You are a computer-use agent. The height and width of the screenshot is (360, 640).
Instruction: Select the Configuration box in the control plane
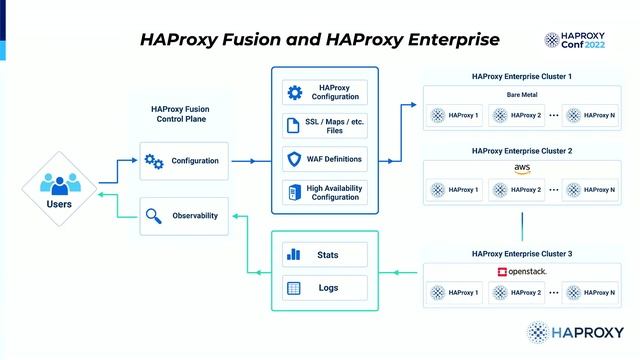tap(186, 160)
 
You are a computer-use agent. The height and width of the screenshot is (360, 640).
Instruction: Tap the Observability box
tap(186, 215)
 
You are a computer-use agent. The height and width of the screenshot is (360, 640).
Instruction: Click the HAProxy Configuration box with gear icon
tap(325, 92)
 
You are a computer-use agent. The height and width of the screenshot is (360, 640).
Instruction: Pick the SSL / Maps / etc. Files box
tap(325, 126)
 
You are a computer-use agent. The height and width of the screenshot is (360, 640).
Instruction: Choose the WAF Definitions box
tap(325, 159)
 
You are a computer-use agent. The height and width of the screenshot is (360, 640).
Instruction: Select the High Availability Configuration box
tap(325, 192)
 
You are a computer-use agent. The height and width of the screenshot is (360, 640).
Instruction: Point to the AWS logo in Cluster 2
tap(521, 168)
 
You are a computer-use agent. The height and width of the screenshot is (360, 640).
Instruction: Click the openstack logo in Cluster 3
tap(521, 272)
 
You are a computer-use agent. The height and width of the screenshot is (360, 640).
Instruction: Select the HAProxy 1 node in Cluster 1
tap(455, 115)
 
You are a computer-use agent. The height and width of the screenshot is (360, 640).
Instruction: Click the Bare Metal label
tap(521, 95)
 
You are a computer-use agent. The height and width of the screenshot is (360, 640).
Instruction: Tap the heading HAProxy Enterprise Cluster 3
tap(521, 254)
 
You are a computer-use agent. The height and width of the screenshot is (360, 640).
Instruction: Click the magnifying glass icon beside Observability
tap(155, 215)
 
